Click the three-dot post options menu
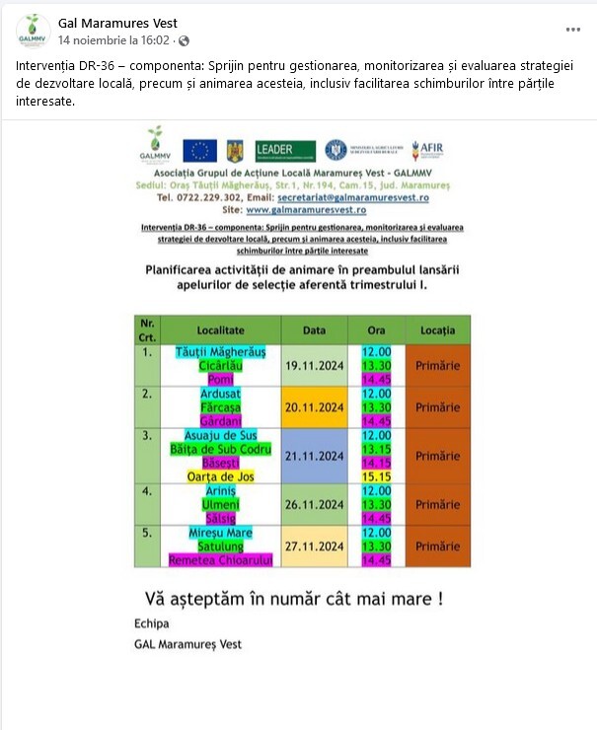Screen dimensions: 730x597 pyautogui.click(x=573, y=29)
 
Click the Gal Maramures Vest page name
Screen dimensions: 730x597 pyautogui.click(x=117, y=23)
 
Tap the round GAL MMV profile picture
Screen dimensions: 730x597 pyautogui.click(x=33, y=32)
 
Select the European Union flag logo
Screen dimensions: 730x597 pyautogui.click(x=199, y=150)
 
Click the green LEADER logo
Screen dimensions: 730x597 pyautogui.click(x=285, y=150)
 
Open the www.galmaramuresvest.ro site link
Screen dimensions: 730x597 pyautogui.click(x=306, y=210)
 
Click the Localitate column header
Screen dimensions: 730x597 pyautogui.click(x=220, y=329)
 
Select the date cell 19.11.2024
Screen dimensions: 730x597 pyautogui.click(x=314, y=365)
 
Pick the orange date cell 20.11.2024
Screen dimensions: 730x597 pyautogui.click(x=314, y=407)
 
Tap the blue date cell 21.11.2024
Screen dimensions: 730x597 pyautogui.click(x=314, y=456)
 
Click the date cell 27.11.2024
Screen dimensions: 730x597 pyautogui.click(x=314, y=547)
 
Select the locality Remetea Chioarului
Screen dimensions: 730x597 pyautogui.click(x=220, y=560)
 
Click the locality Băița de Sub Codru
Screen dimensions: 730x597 pyautogui.click(x=220, y=449)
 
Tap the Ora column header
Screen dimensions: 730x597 pyautogui.click(x=376, y=329)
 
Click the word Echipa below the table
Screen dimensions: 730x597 pyautogui.click(x=151, y=623)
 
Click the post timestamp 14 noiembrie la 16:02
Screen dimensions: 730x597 pyautogui.click(x=113, y=40)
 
